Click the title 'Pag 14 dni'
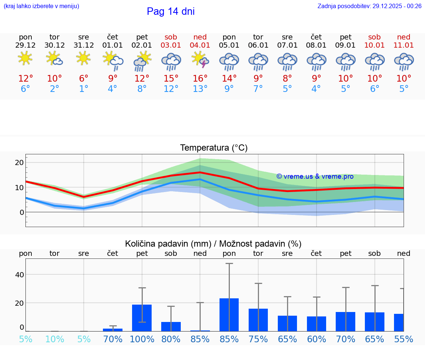pyautogui.click(x=170, y=11)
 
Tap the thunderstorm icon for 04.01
pyautogui.click(x=200, y=60)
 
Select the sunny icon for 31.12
pyautogui.click(x=83, y=58)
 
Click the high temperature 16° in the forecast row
pyautogui.click(x=200, y=78)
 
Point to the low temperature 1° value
pyautogui.click(x=83, y=89)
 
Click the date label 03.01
pyautogui.click(x=171, y=45)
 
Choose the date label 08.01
pyautogui.click(x=316, y=45)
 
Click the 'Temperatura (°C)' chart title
pyautogui.click(x=214, y=148)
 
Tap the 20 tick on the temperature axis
pyautogui.click(x=19, y=162)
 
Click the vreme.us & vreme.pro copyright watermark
pyautogui.click(x=315, y=176)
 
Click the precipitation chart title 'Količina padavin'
pyautogui.click(x=213, y=244)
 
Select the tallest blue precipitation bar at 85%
pyautogui.click(x=229, y=315)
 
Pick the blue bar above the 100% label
pyautogui.click(x=142, y=318)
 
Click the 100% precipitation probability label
pyautogui.click(x=142, y=339)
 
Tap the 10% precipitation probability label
pyautogui.click(x=55, y=339)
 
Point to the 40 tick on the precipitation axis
pyautogui.click(x=19, y=274)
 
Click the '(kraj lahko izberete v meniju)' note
pyautogui.click(x=41, y=6)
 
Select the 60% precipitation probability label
pyautogui.click(x=317, y=339)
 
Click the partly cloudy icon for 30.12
pyautogui.click(x=55, y=59)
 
